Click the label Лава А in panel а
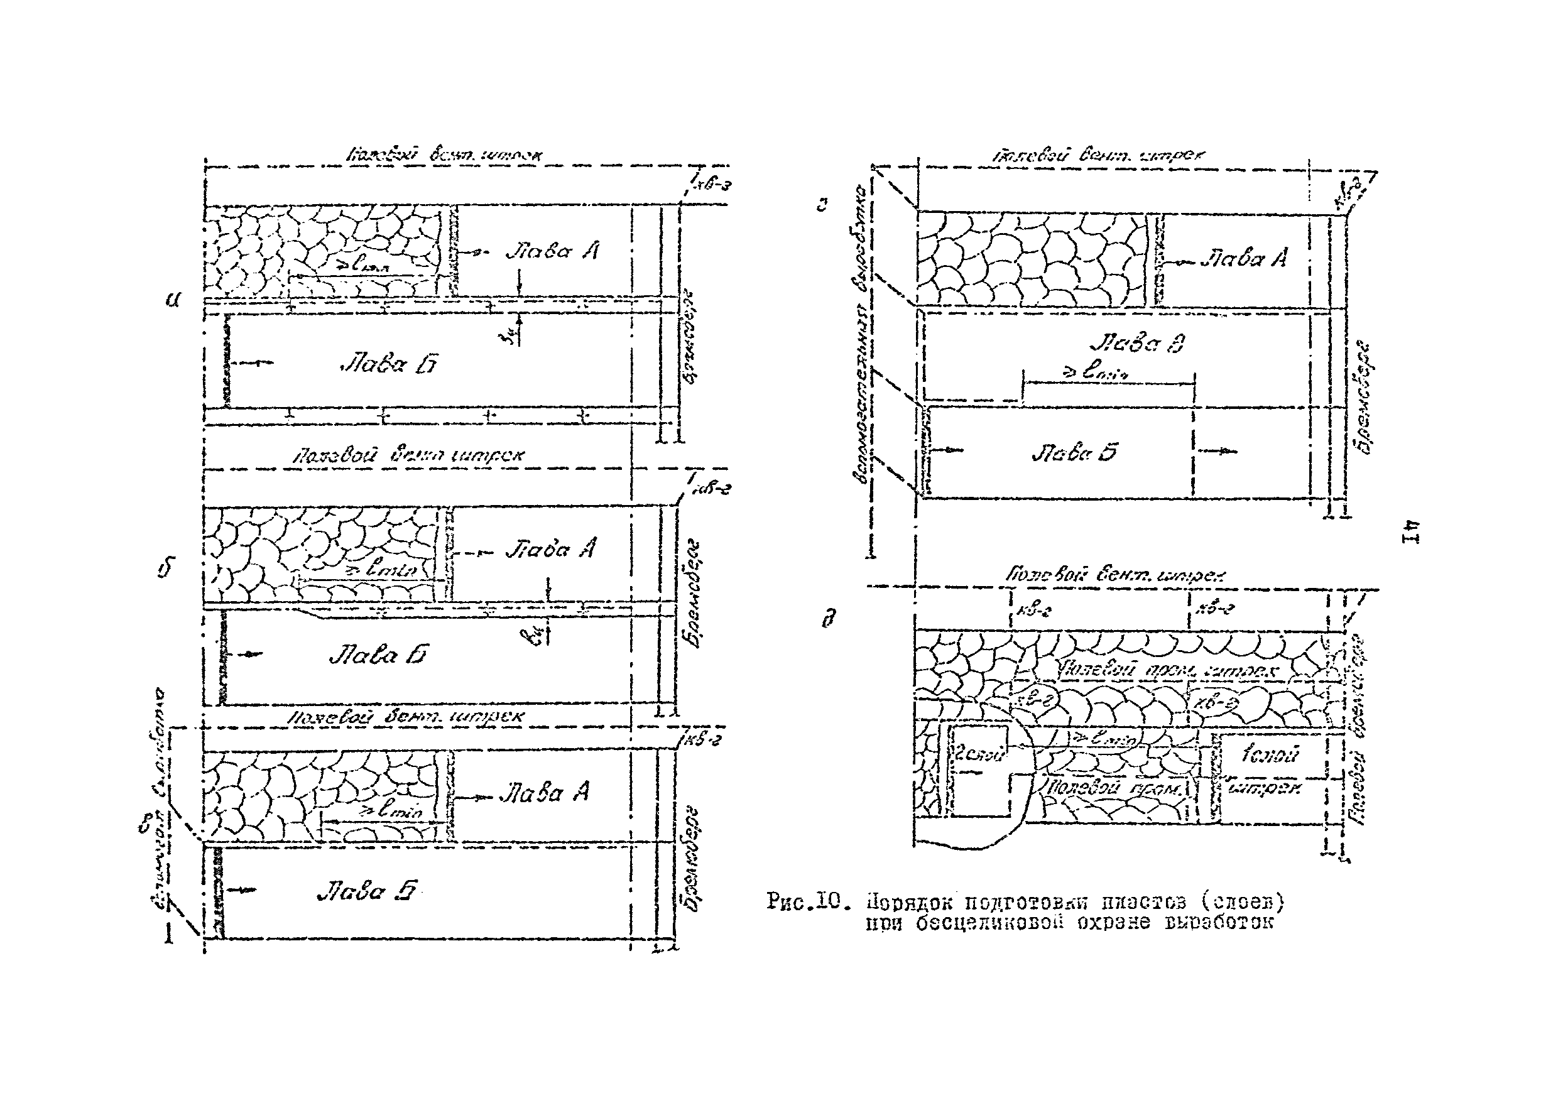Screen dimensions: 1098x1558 tap(552, 252)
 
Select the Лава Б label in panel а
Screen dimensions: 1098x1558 tap(388, 365)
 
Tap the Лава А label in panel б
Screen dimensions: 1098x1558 tap(550, 548)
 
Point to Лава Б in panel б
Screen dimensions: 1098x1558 tap(379, 655)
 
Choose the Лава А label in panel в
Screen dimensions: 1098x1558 tap(544, 793)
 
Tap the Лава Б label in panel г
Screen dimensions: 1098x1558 tap(1074, 453)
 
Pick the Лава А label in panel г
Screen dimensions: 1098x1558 tap(1243, 259)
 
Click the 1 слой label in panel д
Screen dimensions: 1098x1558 tap(1270, 754)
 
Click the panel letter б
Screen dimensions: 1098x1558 tap(165, 567)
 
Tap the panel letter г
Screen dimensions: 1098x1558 tap(822, 204)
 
